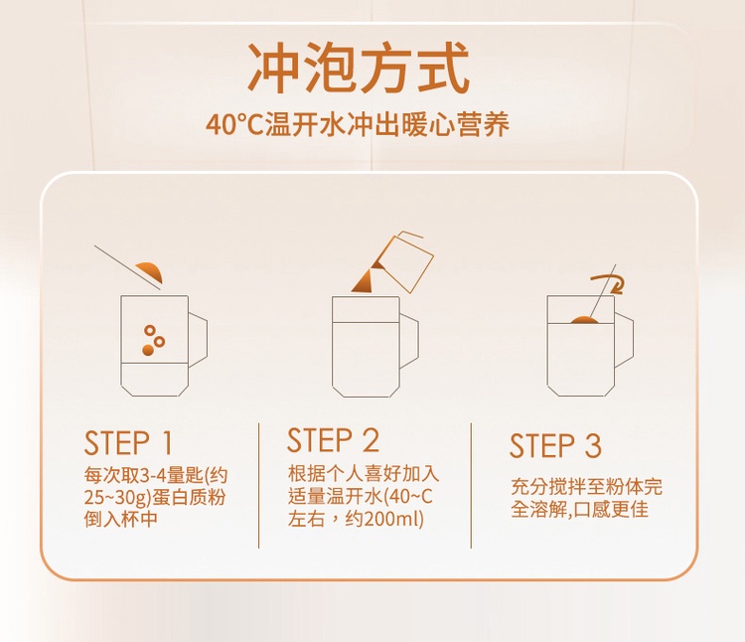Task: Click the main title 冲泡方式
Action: point(360,68)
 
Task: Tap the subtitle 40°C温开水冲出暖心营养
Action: point(358,124)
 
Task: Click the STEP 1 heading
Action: point(128,443)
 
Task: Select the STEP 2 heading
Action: point(333,439)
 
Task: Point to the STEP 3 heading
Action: point(555,446)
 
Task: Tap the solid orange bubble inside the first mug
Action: point(148,350)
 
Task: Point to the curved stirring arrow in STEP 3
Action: point(611,283)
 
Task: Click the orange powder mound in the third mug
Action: point(585,320)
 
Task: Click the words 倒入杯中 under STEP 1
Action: point(120,519)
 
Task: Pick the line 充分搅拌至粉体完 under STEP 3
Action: point(586,487)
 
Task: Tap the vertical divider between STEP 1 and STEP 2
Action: point(259,486)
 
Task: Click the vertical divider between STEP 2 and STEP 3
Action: point(471,486)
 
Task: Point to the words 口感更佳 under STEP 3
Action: point(612,510)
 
